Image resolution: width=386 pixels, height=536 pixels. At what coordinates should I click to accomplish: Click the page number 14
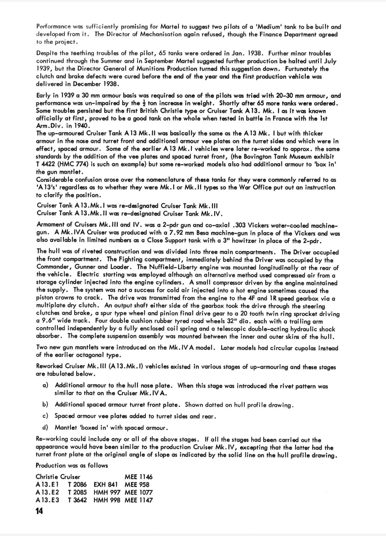(x=39, y=511)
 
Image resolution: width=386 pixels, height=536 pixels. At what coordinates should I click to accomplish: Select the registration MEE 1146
(x=138, y=477)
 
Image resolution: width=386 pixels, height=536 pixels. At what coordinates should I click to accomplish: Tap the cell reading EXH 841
(x=105, y=484)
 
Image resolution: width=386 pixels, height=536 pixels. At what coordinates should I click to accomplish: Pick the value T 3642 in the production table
(x=77, y=500)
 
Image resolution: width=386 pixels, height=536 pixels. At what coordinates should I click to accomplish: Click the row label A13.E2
(x=48, y=492)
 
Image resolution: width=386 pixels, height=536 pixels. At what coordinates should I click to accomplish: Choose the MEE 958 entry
(x=137, y=484)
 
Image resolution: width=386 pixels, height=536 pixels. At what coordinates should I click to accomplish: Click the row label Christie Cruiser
(x=58, y=477)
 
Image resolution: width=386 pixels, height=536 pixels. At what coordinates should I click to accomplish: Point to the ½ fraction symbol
(x=143, y=103)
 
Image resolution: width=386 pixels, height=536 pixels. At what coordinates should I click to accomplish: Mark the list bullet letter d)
(x=45, y=428)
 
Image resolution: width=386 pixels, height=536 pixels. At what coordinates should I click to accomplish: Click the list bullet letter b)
(x=45, y=405)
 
